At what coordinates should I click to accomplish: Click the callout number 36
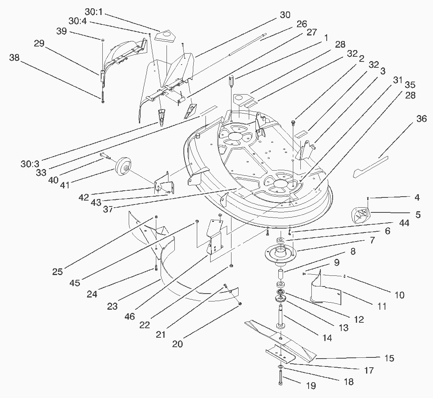(421, 119)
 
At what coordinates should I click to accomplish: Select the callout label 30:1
(93, 11)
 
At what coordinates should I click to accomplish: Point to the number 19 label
(311, 386)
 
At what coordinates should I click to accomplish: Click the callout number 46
(130, 316)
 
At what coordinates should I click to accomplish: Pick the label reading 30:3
(30, 164)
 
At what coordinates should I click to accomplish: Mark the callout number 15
(389, 358)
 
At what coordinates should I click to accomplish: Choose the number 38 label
(14, 58)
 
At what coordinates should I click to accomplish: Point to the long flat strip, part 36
(370, 167)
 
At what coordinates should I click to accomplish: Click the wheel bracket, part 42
(163, 185)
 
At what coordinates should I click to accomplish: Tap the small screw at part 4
(368, 198)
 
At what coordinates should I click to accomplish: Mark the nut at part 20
(240, 304)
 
